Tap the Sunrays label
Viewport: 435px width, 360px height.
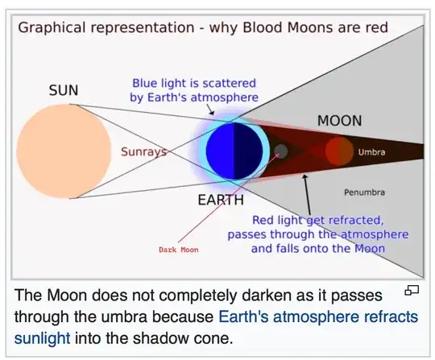coord(143,151)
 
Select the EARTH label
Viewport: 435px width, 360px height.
coord(221,199)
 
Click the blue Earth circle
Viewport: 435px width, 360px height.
coord(230,152)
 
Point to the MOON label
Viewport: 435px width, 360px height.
coord(339,121)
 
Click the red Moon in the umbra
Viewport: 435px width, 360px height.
coord(339,151)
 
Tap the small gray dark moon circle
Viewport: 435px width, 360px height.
coord(280,151)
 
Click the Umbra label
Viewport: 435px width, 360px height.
coord(371,151)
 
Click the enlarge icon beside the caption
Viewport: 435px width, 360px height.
coord(411,291)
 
